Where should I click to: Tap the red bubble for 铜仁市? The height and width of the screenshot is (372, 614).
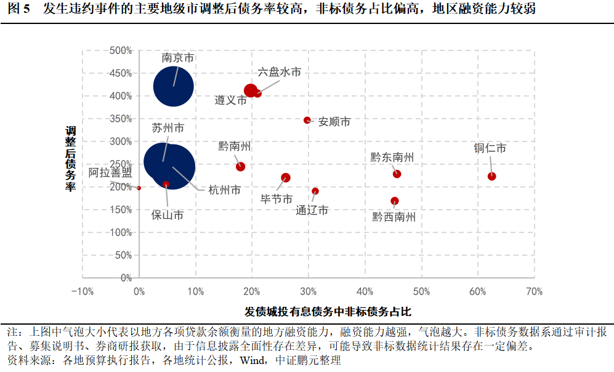coord(491,176)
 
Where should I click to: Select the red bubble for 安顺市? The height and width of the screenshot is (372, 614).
coord(307,120)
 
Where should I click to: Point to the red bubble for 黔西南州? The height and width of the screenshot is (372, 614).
coord(395,201)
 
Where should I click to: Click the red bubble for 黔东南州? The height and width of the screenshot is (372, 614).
coord(397,174)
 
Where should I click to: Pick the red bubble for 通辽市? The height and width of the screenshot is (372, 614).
coord(315,191)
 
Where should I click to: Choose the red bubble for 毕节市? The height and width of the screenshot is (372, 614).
coord(286,178)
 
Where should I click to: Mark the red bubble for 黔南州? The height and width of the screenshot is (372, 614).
coord(241,167)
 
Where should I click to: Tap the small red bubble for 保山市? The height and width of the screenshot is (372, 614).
coord(166,184)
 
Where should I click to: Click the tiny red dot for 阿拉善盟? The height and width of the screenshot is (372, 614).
coord(139,188)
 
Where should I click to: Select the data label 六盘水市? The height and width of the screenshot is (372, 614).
coord(280,72)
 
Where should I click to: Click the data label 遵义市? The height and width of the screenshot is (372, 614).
coord(230,100)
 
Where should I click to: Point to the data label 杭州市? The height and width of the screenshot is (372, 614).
coord(224,190)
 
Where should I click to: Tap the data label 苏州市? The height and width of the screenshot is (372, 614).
coord(168,129)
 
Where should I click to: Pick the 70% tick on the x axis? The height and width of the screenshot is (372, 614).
coord(534,291)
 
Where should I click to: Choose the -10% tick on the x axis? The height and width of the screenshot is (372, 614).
coord(82,291)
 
